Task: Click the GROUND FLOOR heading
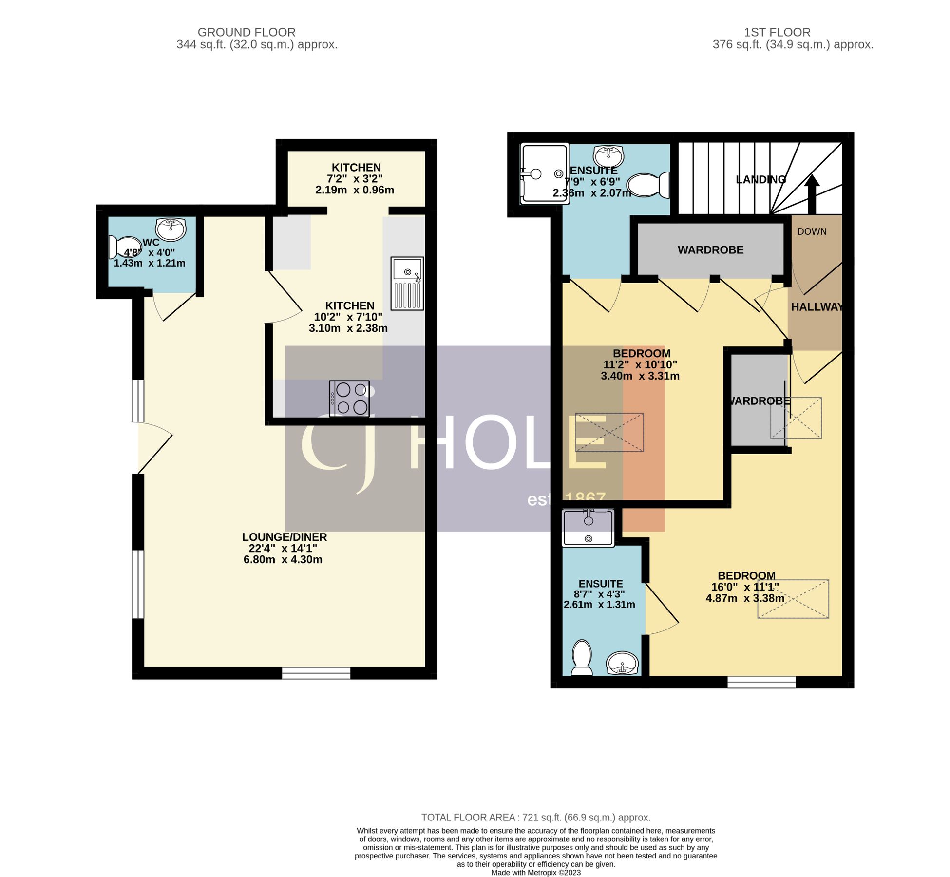pos(246,32)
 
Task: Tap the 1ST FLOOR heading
pos(777,32)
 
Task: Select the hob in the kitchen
pos(349,398)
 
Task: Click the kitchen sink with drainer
pos(407,284)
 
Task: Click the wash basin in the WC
pos(171,229)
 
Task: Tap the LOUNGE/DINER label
pos(284,537)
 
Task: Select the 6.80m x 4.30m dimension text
pos(283,559)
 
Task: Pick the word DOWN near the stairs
pos(812,231)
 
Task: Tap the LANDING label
pos(760,179)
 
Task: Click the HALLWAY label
pos(817,307)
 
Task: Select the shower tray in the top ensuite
pos(544,173)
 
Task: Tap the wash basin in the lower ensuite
pos(622,664)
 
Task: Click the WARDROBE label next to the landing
pos(710,250)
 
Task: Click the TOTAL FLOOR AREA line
pos(535,818)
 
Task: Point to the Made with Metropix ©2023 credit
pos(535,872)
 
